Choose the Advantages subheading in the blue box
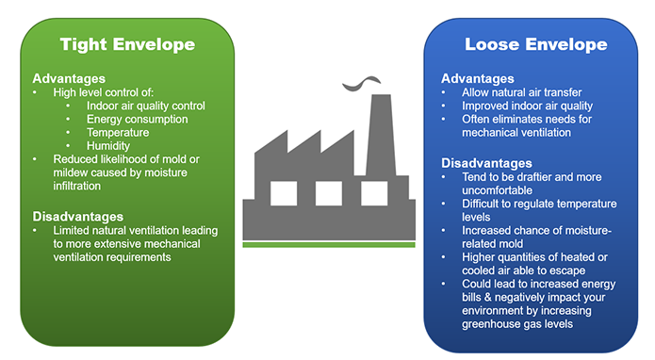[x=477, y=78]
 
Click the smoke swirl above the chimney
[x=360, y=86]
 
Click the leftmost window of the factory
[x=284, y=192]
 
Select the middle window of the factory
[x=328, y=192]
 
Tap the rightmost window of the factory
[x=372, y=192]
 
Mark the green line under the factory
[x=328, y=244]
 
